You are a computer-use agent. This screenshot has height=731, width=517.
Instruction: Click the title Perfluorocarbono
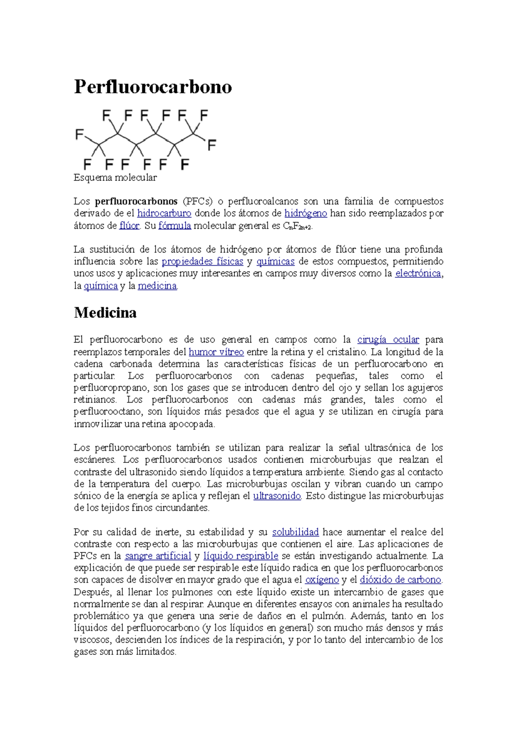(x=153, y=87)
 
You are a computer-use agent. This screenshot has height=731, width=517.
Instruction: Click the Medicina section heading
(x=105, y=312)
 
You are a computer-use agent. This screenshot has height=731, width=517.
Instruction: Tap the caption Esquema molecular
(x=115, y=177)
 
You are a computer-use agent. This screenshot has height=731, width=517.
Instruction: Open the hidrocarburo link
(x=164, y=213)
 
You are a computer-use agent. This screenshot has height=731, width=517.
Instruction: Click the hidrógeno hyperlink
(x=306, y=213)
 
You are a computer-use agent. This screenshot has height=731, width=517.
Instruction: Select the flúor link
(x=129, y=225)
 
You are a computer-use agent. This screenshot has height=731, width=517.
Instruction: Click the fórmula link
(x=174, y=225)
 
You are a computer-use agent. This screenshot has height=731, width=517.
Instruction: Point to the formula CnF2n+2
(x=297, y=226)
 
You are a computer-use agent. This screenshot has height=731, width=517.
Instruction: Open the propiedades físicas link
(x=202, y=261)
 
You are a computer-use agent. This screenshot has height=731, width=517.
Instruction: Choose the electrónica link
(x=418, y=273)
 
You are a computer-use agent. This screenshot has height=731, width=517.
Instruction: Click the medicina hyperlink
(x=157, y=285)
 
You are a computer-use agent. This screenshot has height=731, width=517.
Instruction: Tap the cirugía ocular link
(x=388, y=340)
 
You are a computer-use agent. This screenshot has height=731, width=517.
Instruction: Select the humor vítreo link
(x=216, y=352)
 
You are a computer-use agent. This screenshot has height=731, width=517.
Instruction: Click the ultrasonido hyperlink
(x=277, y=496)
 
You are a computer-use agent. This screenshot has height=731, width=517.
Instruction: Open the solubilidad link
(x=296, y=532)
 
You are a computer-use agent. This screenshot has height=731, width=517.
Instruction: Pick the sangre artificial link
(x=158, y=556)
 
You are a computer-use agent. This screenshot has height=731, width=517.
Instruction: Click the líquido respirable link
(x=241, y=556)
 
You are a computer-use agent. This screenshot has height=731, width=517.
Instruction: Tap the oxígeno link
(x=322, y=580)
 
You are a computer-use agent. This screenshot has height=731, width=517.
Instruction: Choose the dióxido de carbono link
(x=401, y=580)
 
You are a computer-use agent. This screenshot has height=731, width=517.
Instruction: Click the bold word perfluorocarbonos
(x=136, y=201)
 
